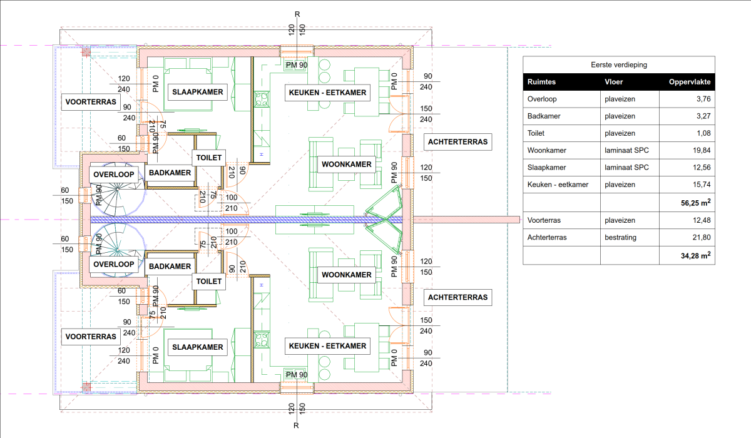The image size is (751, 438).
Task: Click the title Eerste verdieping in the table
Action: tap(619, 64)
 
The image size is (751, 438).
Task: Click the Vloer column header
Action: tap(613, 82)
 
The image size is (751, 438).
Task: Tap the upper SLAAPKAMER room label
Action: tap(198, 93)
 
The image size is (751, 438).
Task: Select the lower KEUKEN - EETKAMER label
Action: tap(327, 346)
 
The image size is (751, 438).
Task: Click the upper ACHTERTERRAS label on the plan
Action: tap(457, 142)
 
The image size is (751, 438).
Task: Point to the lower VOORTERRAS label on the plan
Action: tap(91, 337)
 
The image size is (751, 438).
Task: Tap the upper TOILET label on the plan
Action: tap(209, 158)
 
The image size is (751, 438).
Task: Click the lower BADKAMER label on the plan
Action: tap(170, 267)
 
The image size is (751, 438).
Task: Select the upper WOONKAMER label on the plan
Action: tap(347, 165)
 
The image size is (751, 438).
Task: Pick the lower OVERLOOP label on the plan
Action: tap(113, 265)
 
